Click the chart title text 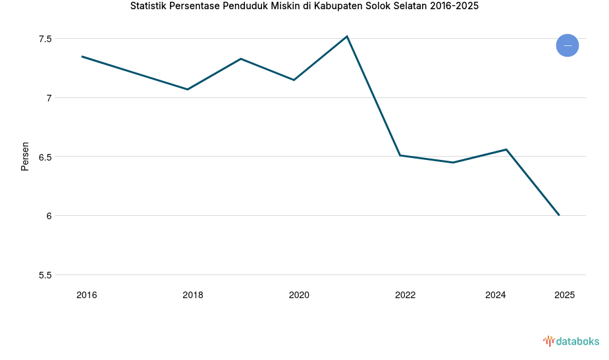(304, 7)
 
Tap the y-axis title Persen (25, 156)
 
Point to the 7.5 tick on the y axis (45, 39)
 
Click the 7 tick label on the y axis (49, 98)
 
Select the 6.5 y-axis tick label (45, 157)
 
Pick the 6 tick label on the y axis (49, 216)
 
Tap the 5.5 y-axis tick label (45, 275)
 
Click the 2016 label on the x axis (86, 295)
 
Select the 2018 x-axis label (193, 295)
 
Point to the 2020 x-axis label (299, 295)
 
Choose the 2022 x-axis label (405, 295)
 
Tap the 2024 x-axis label (495, 295)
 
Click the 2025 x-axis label (564, 295)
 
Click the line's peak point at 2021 (347, 36)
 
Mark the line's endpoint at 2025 (559, 215)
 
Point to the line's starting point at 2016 (82, 57)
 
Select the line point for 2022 (400, 155)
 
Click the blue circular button (567, 45)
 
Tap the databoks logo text (577, 341)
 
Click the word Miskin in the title (286, 7)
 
